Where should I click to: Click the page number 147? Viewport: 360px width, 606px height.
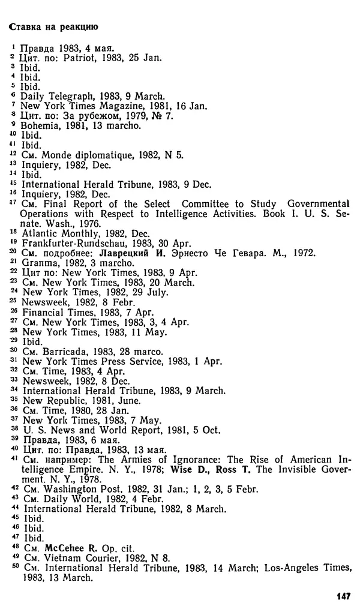[x=343, y=596]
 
